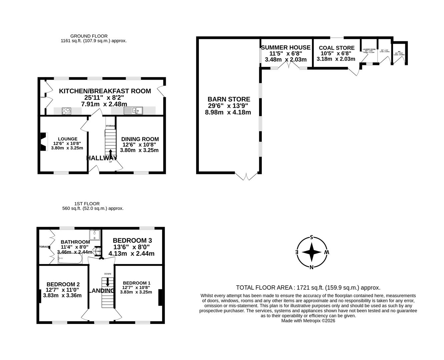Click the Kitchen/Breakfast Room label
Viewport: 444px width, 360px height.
[105, 91]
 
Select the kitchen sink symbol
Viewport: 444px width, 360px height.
[133, 111]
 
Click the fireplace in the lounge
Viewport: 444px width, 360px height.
[43, 142]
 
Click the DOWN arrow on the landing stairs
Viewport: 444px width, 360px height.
[107, 282]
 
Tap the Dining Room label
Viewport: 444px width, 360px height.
[140, 139]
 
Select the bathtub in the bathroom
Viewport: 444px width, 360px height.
[70, 260]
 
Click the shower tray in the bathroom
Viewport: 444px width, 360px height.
[95, 235]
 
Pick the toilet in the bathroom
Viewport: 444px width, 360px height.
[97, 251]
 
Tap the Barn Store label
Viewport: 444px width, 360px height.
[229, 99]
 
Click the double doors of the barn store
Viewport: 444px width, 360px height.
[247, 176]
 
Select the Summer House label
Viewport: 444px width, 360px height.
[286, 48]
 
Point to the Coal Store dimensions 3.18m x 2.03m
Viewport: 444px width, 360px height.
[336, 59]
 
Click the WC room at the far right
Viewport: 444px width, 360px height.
[399, 54]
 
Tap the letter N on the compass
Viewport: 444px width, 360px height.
[311, 267]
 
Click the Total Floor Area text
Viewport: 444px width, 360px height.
[308, 288]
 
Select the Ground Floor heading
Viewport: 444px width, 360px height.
[89, 36]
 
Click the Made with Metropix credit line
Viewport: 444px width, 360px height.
[308, 321]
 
